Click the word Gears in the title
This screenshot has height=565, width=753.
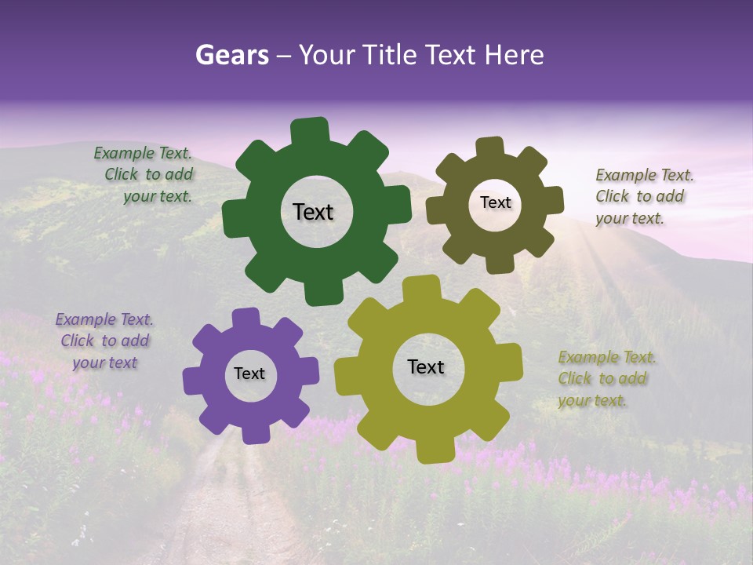tap(231, 55)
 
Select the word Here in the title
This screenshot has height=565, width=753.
tap(514, 55)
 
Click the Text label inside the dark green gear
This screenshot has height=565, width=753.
tap(313, 212)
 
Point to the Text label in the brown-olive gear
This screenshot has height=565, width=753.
tap(495, 202)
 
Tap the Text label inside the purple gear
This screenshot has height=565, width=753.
tap(249, 374)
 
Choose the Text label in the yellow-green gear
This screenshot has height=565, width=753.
tap(426, 366)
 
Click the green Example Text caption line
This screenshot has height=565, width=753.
tap(143, 153)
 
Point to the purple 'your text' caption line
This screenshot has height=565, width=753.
tap(105, 363)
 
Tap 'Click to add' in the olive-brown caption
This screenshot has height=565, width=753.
tap(639, 197)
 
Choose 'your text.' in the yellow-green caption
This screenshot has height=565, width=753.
tap(593, 400)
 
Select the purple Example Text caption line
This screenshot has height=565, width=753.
tap(104, 319)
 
